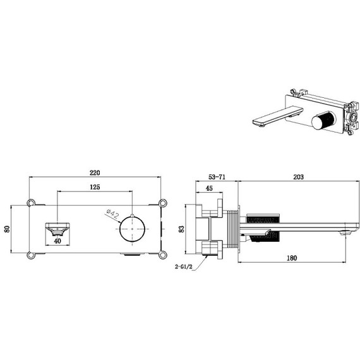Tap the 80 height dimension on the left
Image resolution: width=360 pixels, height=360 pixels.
(x=8, y=228)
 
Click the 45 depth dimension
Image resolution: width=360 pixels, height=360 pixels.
(x=209, y=194)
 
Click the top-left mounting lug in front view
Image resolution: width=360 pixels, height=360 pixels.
(x=30, y=203)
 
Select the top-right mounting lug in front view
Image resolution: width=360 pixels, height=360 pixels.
(x=164, y=203)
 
